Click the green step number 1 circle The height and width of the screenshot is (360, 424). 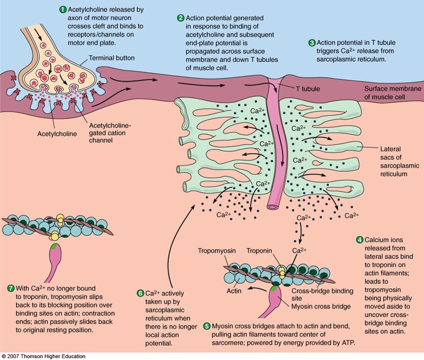(x=63, y=9)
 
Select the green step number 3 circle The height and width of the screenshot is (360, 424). (x=311, y=43)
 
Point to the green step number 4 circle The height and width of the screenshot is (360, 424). (x=360, y=240)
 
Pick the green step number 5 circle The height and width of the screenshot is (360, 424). (x=206, y=326)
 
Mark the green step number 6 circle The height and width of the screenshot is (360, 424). (x=140, y=293)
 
